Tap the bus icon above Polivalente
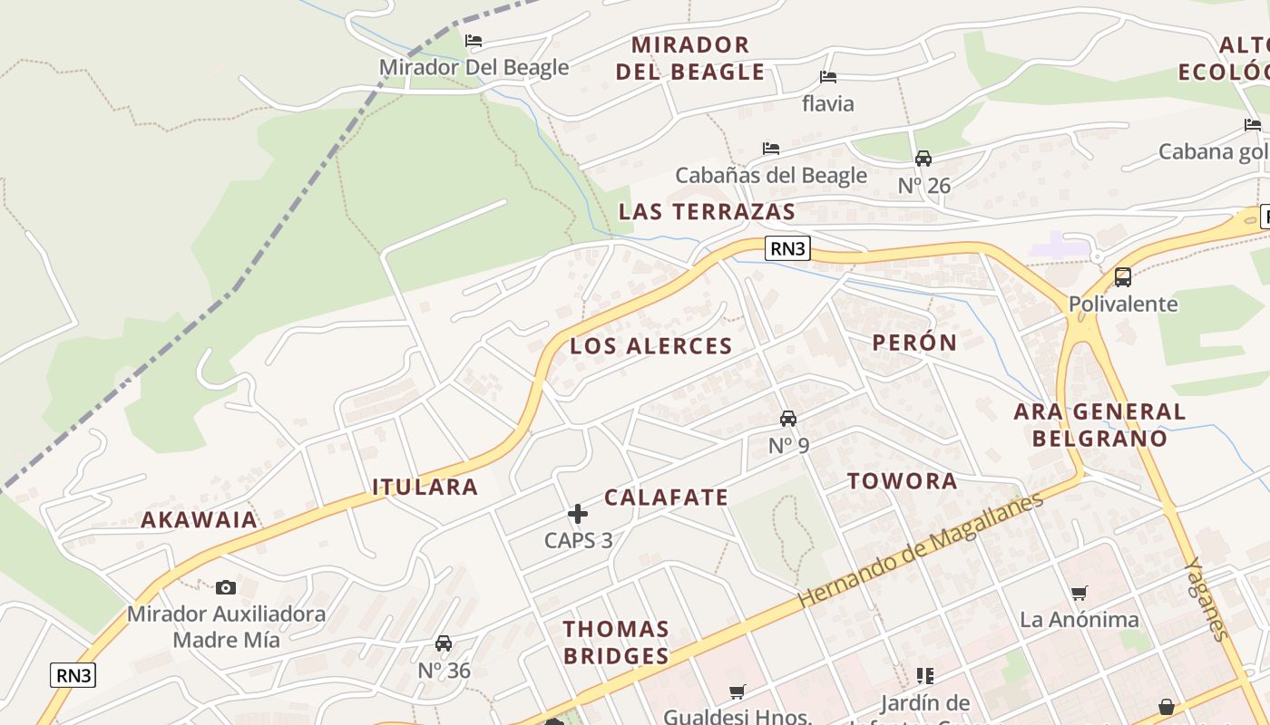click(1123, 277)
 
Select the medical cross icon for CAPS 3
click(578, 514)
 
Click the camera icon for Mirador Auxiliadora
click(226, 587)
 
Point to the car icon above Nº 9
click(788, 419)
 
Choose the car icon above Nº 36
click(444, 643)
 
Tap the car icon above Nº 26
click(923, 159)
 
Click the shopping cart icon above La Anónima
click(1079, 594)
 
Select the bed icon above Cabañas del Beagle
click(771, 148)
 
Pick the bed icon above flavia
click(827, 77)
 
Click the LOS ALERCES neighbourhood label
click(650, 346)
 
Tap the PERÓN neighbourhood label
click(914, 343)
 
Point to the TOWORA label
click(902, 481)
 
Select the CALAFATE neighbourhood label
click(666, 498)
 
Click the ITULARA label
click(425, 487)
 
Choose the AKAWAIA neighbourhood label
click(199, 520)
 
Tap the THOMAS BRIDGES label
click(616, 642)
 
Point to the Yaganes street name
click(1207, 599)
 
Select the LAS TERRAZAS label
click(707, 212)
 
